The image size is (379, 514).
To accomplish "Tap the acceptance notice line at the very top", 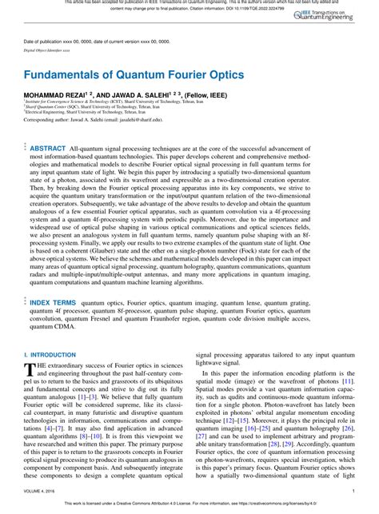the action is click(189, 4).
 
